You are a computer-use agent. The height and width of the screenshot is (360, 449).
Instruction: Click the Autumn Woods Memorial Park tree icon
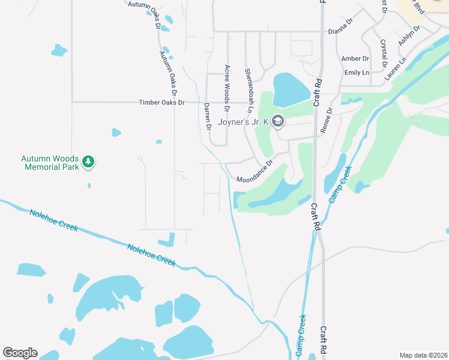pyautogui.click(x=89, y=161)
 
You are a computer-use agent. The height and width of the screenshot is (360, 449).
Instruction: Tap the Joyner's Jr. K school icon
pyautogui.click(x=277, y=122)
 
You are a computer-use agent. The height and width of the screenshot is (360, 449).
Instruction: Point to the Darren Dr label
pyautogui.click(x=207, y=116)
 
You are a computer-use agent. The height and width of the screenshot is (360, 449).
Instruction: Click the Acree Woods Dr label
pyautogui.click(x=227, y=88)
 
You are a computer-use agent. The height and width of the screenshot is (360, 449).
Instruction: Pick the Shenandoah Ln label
pyautogui.click(x=247, y=90)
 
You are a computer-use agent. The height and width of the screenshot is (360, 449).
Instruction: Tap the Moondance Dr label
pyautogui.click(x=255, y=171)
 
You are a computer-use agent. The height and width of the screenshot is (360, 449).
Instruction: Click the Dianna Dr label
pyautogui.click(x=340, y=31)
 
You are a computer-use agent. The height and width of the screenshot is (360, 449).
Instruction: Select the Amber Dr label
pyautogui.click(x=355, y=58)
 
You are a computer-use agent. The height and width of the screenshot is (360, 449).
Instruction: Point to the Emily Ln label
pyautogui.click(x=357, y=73)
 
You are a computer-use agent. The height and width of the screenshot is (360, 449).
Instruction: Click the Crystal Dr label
pyautogui.click(x=384, y=53)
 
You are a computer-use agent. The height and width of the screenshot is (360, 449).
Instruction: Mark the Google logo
pyautogui.click(x=20, y=352)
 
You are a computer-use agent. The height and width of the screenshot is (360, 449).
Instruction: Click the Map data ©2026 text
pyautogui.click(x=423, y=355)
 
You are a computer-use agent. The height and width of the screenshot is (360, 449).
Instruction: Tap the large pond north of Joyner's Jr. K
pyautogui.click(x=291, y=89)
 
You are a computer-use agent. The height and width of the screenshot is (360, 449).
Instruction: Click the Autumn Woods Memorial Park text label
pyautogui.click(x=50, y=163)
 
